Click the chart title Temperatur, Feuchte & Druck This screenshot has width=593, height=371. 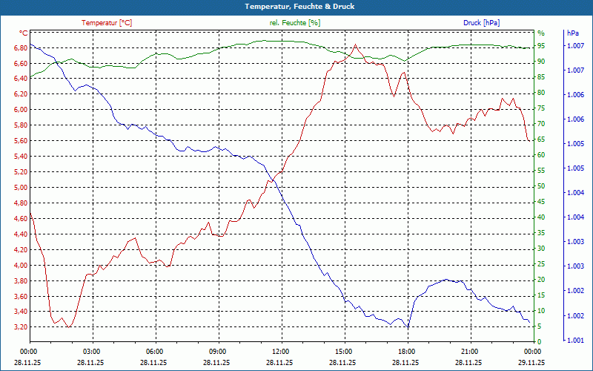coord(296,7)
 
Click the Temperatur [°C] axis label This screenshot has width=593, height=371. coord(107,23)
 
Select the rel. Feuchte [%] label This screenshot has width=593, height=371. coord(295,23)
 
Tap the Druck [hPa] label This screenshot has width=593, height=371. coord(481,23)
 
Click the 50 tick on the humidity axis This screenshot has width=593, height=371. coord(541,186)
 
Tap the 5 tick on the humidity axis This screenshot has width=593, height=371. coord(540,326)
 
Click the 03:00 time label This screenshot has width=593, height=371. coord(92,351)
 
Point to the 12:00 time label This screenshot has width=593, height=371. coord(281,351)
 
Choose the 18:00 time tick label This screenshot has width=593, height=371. coord(407,351)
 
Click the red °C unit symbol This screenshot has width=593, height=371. coord(23,33)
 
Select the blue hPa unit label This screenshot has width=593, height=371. coord(573,33)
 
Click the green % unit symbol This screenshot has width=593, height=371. coord(540,33)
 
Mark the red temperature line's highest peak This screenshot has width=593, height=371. coord(355,45)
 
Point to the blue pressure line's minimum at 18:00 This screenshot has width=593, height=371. coord(407,326)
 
